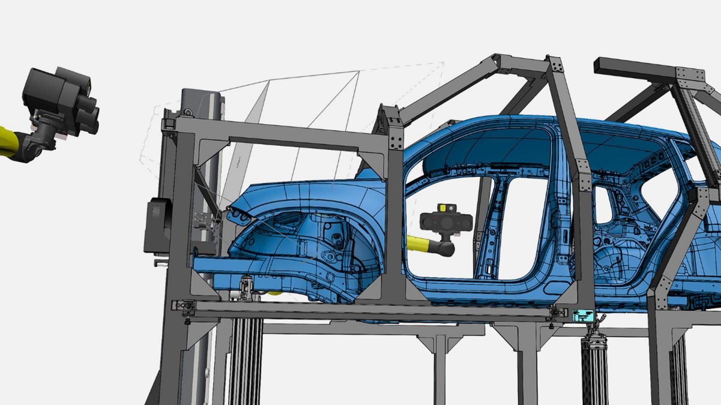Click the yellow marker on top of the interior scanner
point(444,207)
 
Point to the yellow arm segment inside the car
point(421,243)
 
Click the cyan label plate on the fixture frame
point(583,315)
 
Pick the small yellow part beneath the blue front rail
point(274,293)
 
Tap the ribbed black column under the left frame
point(245,360)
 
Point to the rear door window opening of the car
point(604,205)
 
